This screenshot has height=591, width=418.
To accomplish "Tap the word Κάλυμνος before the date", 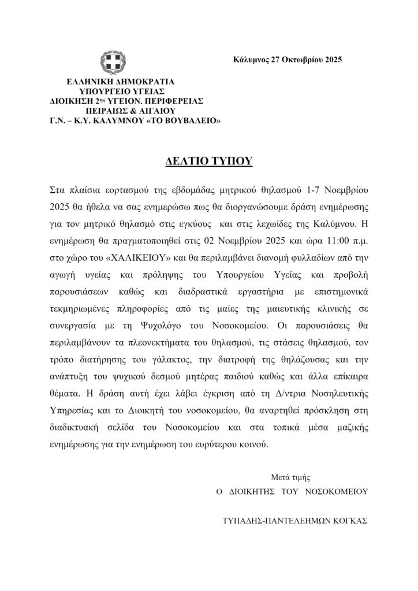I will [251, 59].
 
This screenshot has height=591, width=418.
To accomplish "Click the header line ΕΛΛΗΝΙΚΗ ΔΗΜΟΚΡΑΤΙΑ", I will [120, 82].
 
